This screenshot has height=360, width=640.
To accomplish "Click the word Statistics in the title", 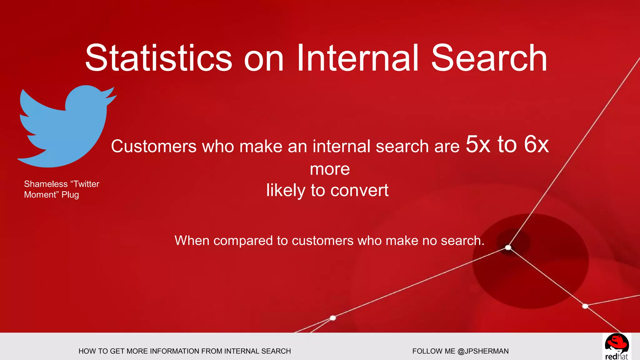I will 158,58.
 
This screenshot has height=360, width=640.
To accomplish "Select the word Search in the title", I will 489,58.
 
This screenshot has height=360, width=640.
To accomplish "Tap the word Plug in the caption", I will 70,195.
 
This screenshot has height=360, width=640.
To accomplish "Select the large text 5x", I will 478,144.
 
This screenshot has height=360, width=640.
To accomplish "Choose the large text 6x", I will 536,144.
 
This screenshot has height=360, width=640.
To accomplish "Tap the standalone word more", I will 330,169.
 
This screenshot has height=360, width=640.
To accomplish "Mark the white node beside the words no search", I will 508,248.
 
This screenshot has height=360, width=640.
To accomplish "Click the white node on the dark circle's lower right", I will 585,306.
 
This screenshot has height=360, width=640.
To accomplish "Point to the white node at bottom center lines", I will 333,318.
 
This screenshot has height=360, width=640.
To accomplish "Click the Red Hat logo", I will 616,346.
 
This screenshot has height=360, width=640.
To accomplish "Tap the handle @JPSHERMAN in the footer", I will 483,351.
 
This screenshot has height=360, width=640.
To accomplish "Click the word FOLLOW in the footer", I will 423,351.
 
